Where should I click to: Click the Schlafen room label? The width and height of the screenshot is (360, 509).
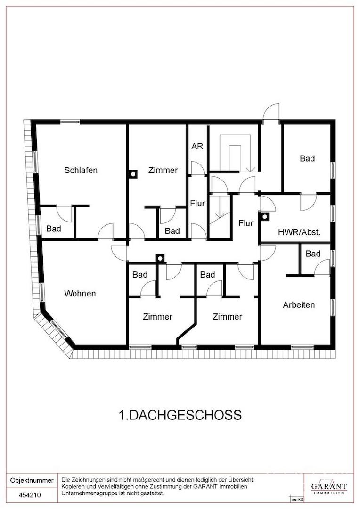point(81,170)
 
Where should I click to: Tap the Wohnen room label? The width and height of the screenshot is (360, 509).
point(80,294)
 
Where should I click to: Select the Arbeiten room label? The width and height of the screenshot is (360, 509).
point(299,305)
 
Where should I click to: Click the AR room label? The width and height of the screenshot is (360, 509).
point(197,146)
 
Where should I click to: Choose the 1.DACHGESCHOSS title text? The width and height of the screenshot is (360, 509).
point(180,415)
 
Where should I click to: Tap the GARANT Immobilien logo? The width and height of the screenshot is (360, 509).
point(328,487)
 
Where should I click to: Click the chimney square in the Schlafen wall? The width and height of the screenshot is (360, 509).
point(133,174)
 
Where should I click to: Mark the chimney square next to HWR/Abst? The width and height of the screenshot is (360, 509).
point(265,217)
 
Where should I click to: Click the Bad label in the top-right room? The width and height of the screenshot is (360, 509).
point(307,159)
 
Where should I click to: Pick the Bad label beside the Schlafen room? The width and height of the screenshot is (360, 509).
point(54,229)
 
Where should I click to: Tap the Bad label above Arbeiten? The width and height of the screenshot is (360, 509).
point(313,254)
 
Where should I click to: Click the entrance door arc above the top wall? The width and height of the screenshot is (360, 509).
point(271,112)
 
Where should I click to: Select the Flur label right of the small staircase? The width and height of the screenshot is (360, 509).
point(246,223)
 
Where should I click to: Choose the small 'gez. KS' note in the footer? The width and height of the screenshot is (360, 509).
point(297,499)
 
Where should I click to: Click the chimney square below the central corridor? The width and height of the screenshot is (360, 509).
point(160,258)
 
